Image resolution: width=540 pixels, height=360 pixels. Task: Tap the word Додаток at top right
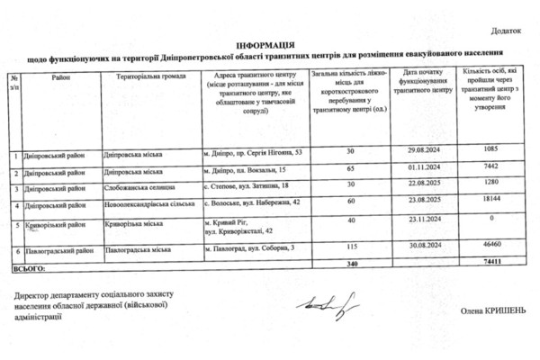(x=505, y=31)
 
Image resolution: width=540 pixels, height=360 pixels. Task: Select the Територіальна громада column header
(x=150, y=76)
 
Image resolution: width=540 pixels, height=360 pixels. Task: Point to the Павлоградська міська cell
(x=141, y=246)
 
